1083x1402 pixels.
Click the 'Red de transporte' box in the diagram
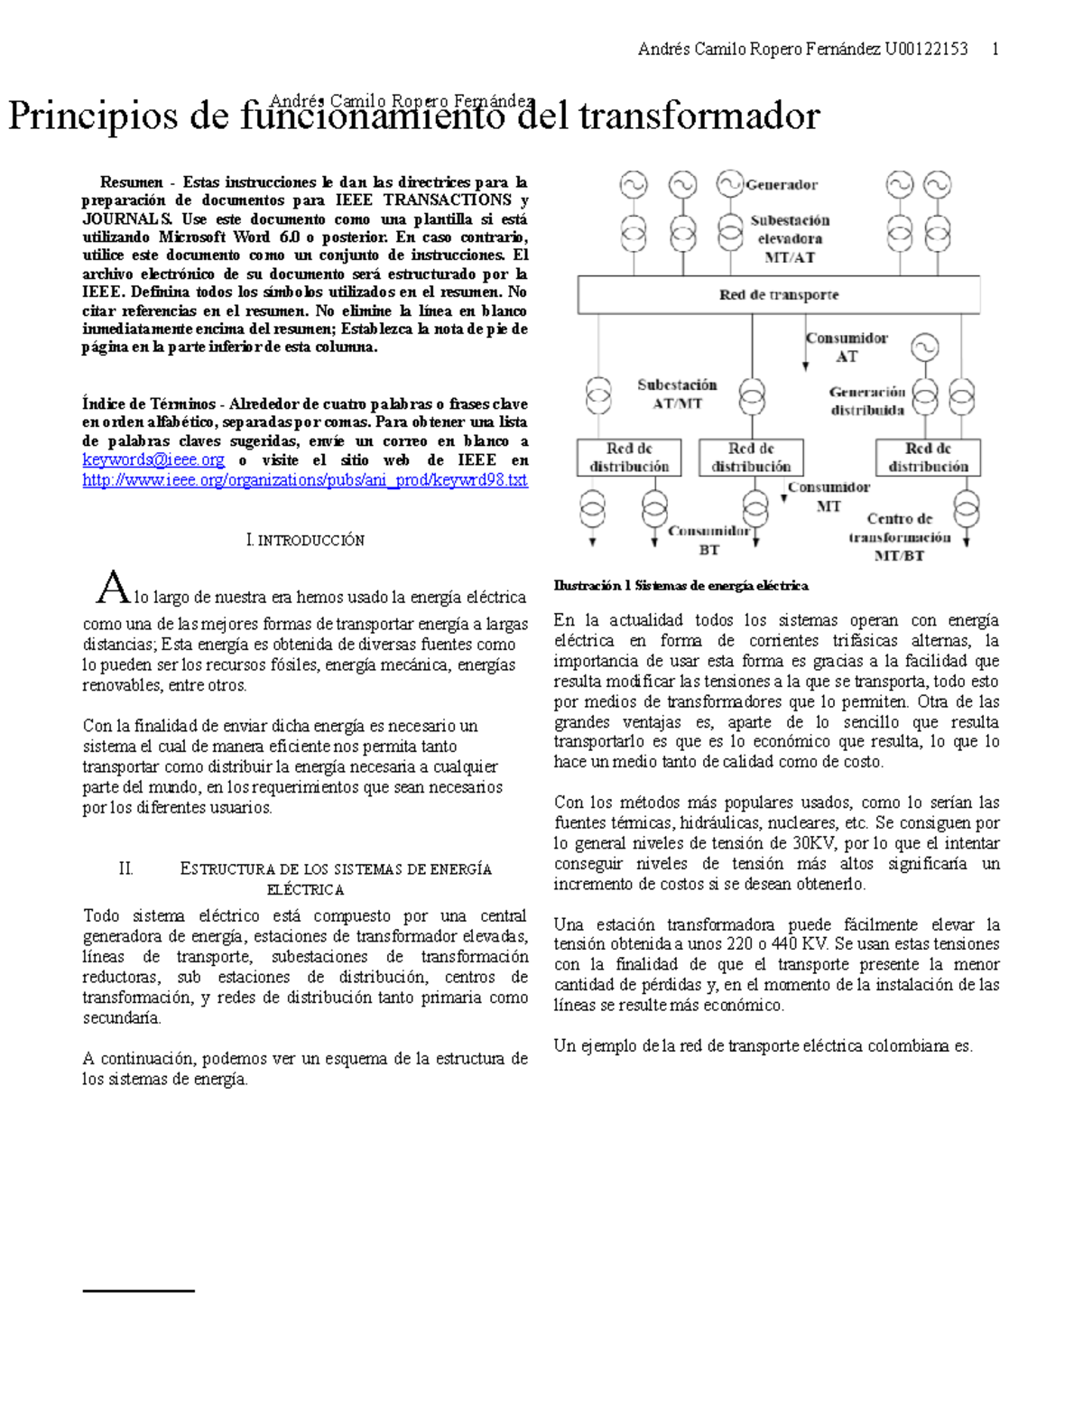(x=778, y=295)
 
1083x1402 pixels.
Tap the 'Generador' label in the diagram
(x=782, y=185)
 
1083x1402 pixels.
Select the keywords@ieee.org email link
(x=153, y=460)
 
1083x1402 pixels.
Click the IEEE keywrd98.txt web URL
(x=304, y=480)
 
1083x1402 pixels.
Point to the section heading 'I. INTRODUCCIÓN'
(x=305, y=541)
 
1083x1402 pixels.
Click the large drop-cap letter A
(x=113, y=588)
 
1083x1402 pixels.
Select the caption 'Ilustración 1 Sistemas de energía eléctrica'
(x=680, y=586)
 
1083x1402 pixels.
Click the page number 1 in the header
(x=995, y=50)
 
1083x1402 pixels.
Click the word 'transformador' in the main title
(x=699, y=117)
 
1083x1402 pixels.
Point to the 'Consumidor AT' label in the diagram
(x=847, y=348)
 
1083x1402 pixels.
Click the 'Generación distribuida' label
(x=867, y=401)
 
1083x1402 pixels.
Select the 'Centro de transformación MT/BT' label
(x=899, y=537)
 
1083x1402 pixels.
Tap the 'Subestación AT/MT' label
(x=677, y=395)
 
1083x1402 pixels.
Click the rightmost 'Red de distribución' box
(x=928, y=458)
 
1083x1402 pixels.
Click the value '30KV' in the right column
(x=811, y=843)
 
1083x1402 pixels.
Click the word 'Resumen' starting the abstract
(x=132, y=182)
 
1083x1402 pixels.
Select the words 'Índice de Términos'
(x=149, y=404)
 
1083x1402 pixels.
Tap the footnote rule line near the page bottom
(x=138, y=1291)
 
